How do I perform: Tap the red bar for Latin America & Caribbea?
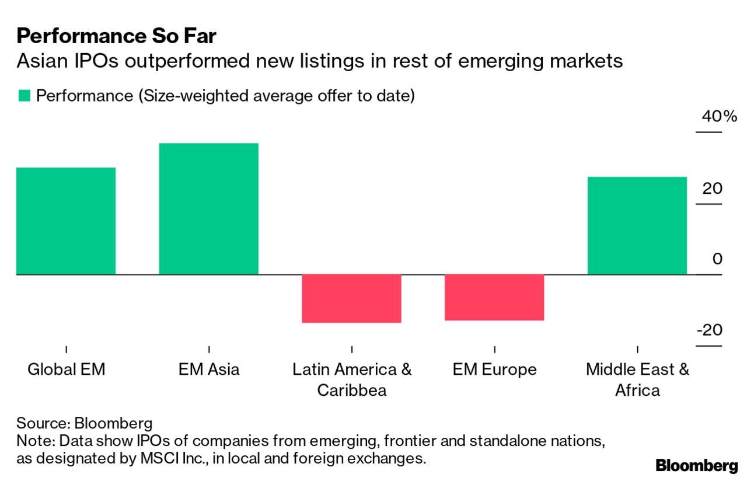[x=351, y=298]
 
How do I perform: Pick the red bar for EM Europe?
[x=494, y=297]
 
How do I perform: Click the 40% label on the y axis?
[x=720, y=116]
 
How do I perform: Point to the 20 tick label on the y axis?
[x=713, y=189]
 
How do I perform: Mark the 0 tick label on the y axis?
[x=717, y=259]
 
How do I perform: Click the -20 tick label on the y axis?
[x=709, y=330]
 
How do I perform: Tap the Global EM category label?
[x=66, y=370]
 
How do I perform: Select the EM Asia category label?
[x=208, y=370]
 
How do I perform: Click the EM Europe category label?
[x=494, y=370]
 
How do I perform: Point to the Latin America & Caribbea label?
[x=351, y=379]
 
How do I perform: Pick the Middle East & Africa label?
[x=637, y=379]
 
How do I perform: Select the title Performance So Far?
[x=117, y=37]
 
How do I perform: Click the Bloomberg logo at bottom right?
[x=696, y=465]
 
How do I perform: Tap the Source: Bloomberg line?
[x=84, y=423]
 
